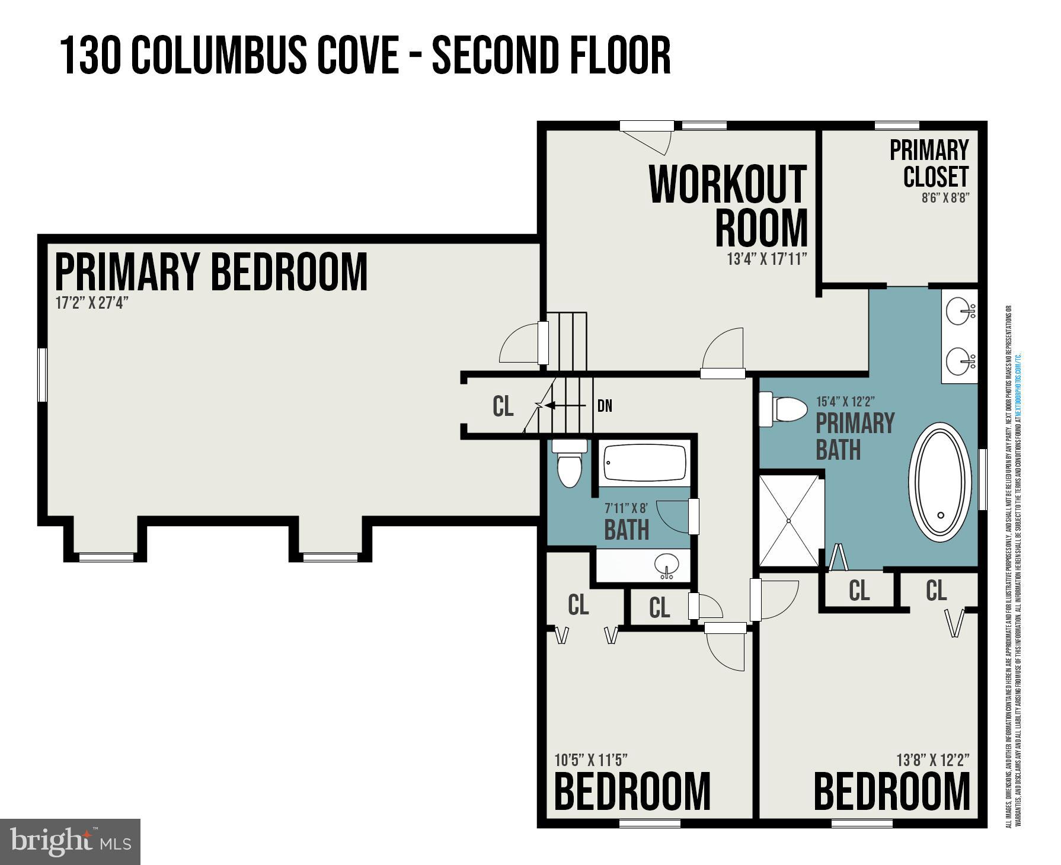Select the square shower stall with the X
point(788,520)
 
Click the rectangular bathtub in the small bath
point(645,463)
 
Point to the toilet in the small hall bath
point(570,464)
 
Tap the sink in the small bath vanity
point(667,565)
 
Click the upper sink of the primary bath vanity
point(958,311)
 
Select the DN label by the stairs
point(605,406)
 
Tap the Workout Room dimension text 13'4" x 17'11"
point(767,259)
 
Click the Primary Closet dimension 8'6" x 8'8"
point(945,198)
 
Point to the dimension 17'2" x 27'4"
point(92,303)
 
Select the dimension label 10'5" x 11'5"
point(591,760)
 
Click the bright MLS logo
point(70,842)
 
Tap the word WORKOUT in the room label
point(728,185)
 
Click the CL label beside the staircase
point(503,406)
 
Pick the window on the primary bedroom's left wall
point(42,374)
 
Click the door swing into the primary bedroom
point(519,346)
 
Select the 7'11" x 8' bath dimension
point(626,508)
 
